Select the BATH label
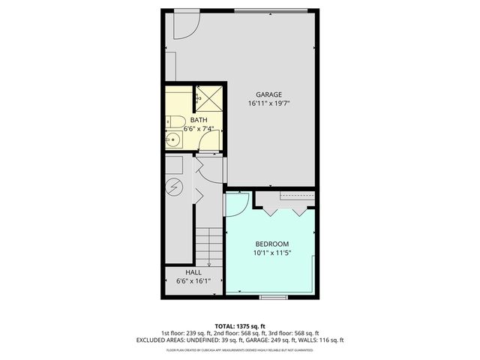199,120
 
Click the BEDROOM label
272,244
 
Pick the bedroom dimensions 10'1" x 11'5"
272,253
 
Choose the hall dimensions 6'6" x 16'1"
193,282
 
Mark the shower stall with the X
209,97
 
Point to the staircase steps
211,244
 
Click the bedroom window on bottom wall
273,298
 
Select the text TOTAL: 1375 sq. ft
241,326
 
